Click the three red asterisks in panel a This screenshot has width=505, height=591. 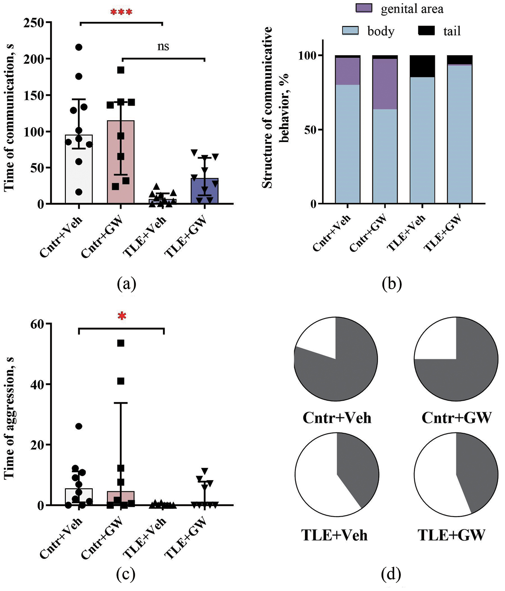[x=121, y=12]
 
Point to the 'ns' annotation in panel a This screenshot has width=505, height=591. [x=163, y=46]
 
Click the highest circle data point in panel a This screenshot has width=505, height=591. [x=79, y=47]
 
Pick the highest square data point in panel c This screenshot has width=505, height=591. [x=121, y=343]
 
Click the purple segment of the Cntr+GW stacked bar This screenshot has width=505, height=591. [x=385, y=84]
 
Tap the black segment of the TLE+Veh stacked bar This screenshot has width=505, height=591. [x=422, y=66]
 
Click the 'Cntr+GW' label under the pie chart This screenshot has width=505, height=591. [x=456, y=417]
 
